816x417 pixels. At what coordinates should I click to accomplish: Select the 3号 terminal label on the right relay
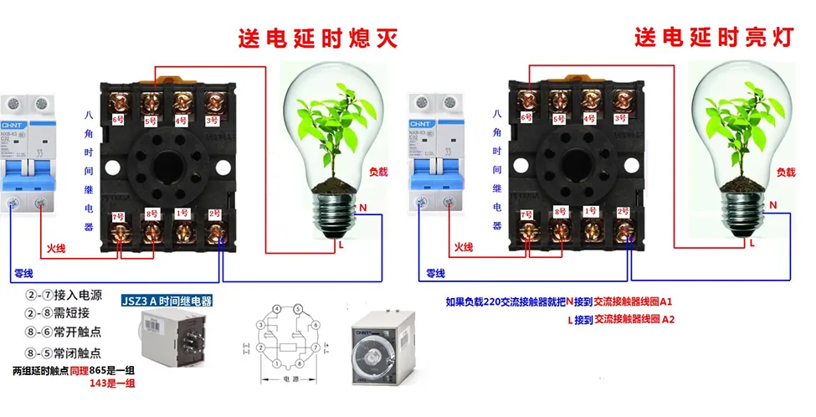click(621, 119)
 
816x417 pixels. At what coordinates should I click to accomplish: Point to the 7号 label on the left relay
click(118, 217)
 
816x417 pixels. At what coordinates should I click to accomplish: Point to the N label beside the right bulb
click(772, 204)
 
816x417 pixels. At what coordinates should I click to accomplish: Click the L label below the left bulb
click(341, 245)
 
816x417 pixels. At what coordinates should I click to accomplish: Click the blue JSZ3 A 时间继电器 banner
click(167, 301)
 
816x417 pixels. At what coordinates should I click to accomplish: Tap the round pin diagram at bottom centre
click(284, 340)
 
